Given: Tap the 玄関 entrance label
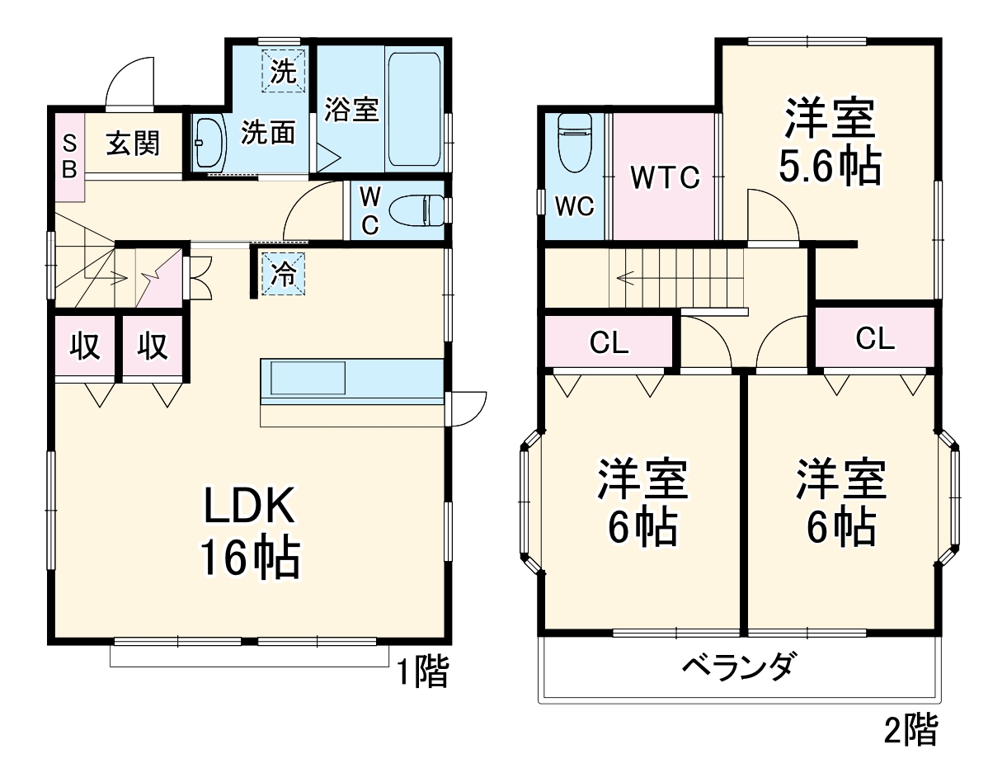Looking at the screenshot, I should [133, 144].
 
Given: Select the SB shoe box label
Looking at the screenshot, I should [70, 156].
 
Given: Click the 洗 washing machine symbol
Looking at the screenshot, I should [283, 71].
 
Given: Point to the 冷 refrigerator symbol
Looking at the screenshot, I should [283, 275].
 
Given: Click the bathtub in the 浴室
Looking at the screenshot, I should [415, 109].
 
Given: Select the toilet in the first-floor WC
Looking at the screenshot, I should [417, 210].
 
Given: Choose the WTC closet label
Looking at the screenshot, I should [665, 177].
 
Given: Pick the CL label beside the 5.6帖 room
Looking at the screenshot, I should [875, 338].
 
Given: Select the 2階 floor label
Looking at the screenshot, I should [911, 729].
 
